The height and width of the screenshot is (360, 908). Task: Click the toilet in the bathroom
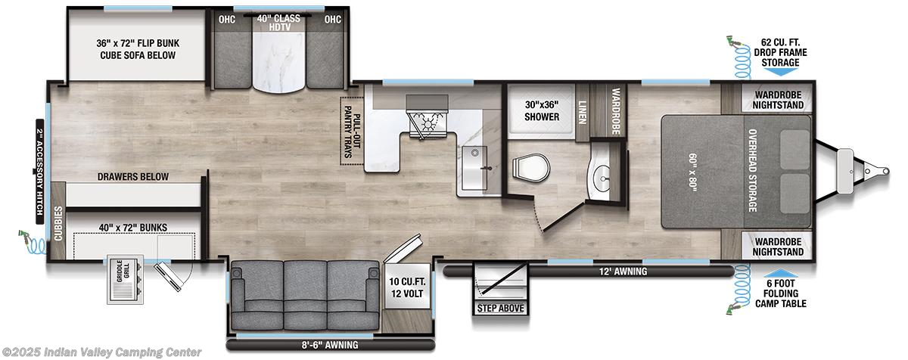(x=530, y=167)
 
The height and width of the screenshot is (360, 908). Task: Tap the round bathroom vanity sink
(x=604, y=178)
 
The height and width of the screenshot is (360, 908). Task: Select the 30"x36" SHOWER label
(x=542, y=110)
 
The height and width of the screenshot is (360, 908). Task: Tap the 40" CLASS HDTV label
(x=279, y=23)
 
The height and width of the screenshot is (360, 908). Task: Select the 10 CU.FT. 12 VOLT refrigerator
(x=407, y=287)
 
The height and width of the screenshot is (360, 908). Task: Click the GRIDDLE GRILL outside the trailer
(x=126, y=279)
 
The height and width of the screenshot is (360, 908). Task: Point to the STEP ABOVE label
(x=500, y=308)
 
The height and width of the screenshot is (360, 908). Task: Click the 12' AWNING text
(x=623, y=272)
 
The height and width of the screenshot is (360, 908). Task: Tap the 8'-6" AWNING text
(x=330, y=345)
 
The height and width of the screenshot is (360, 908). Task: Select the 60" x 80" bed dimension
(x=692, y=172)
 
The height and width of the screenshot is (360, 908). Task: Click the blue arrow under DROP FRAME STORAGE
(x=780, y=72)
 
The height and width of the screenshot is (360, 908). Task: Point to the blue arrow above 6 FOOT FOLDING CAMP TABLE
(x=780, y=273)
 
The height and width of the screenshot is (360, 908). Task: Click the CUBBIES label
(x=59, y=224)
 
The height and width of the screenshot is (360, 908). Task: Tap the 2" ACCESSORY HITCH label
(x=39, y=172)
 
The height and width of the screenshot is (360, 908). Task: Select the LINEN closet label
(x=582, y=112)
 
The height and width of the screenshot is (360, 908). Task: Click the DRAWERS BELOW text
(x=133, y=176)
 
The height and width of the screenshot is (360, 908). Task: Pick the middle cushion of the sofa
(x=305, y=296)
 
